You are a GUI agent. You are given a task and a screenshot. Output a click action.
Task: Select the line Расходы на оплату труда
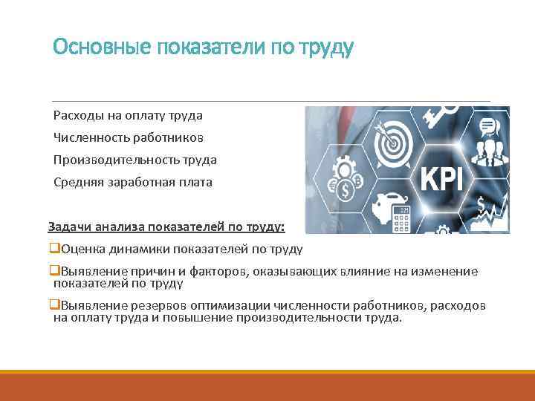128,115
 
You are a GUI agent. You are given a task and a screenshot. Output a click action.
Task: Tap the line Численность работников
129,137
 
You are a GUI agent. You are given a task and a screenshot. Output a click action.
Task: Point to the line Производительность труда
135,160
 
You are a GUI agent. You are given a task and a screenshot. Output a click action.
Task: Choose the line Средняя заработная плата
132,182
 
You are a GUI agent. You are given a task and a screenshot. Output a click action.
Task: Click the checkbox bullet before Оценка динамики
53,248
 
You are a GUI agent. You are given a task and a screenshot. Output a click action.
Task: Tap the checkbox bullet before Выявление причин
53,271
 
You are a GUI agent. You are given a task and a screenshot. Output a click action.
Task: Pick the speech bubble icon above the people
487,125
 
